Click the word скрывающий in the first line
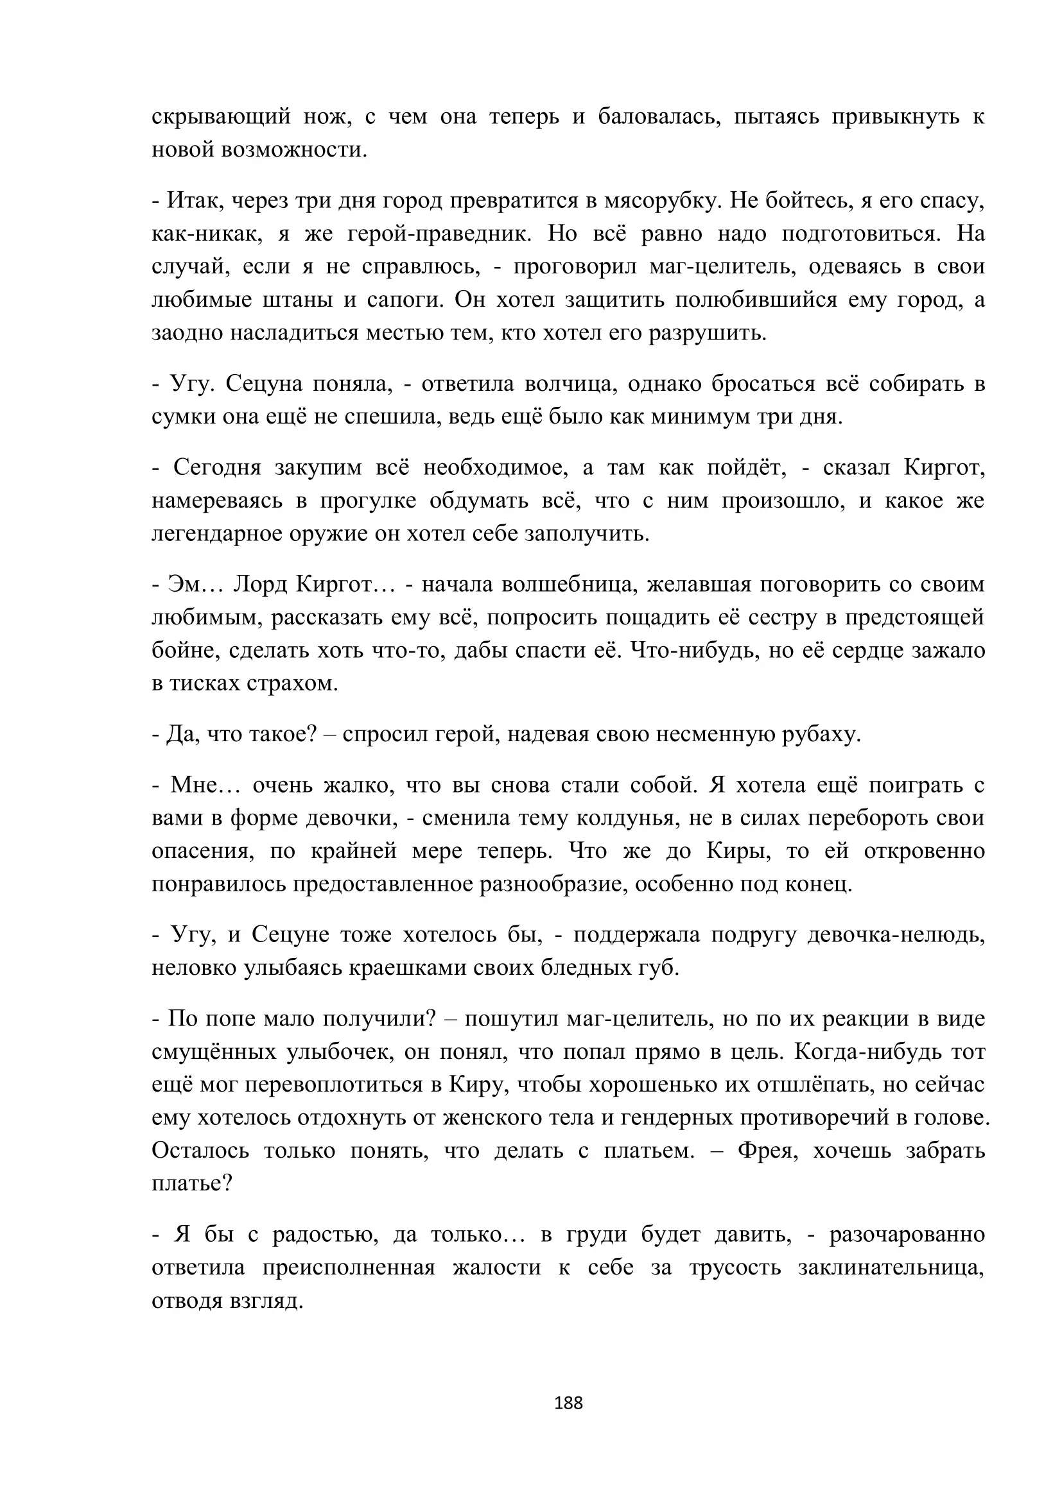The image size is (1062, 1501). [221, 117]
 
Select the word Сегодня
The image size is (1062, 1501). [217, 467]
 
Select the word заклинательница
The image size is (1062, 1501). [891, 1267]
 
